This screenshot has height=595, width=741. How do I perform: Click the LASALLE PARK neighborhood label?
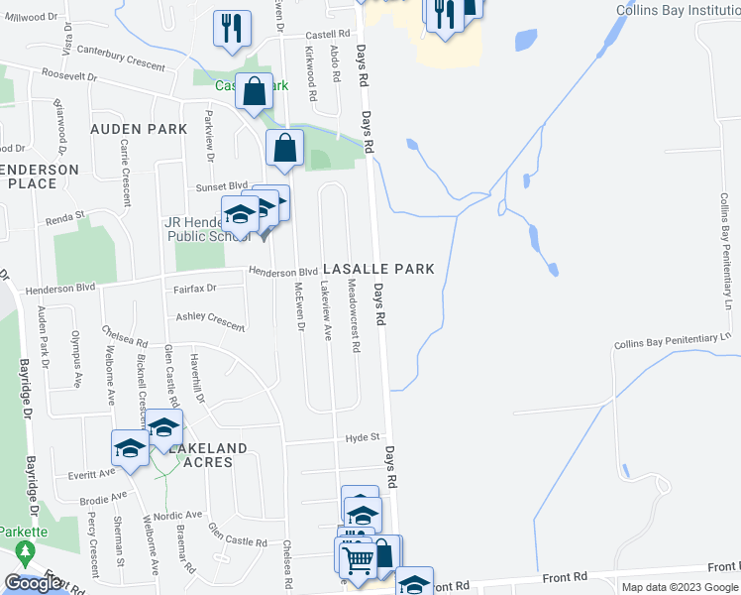(x=378, y=270)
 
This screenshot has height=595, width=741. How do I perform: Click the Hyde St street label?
(x=363, y=437)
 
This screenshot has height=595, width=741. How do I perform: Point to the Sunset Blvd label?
(x=224, y=185)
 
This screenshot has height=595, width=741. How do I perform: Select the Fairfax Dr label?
(x=194, y=288)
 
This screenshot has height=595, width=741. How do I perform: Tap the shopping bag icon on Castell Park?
(x=255, y=91)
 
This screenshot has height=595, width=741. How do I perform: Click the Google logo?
(x=33, y=583)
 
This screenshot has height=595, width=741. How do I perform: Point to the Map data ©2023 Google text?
(x=680, y=587)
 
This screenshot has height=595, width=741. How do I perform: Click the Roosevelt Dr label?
(x=69, y=75)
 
